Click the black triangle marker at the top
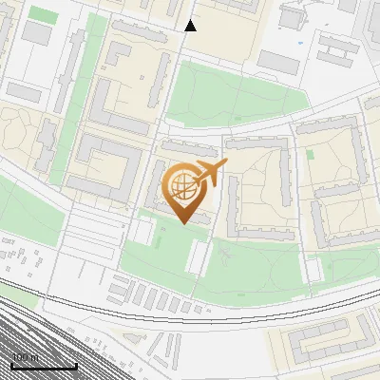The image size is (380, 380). [190, 26]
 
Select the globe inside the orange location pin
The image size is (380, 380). [183, 187]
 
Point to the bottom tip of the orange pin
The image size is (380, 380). [183, 224]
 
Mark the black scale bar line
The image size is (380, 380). [44, 367]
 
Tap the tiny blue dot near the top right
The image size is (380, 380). [300, 43]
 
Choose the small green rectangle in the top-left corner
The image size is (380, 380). [43, 14]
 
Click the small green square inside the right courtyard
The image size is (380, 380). [310, 154]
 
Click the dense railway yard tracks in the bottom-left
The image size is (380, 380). [38, 332]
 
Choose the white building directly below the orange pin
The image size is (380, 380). [198, 256]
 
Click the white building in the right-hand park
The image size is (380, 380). [313, 270]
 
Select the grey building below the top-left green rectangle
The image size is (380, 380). [37, 34]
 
